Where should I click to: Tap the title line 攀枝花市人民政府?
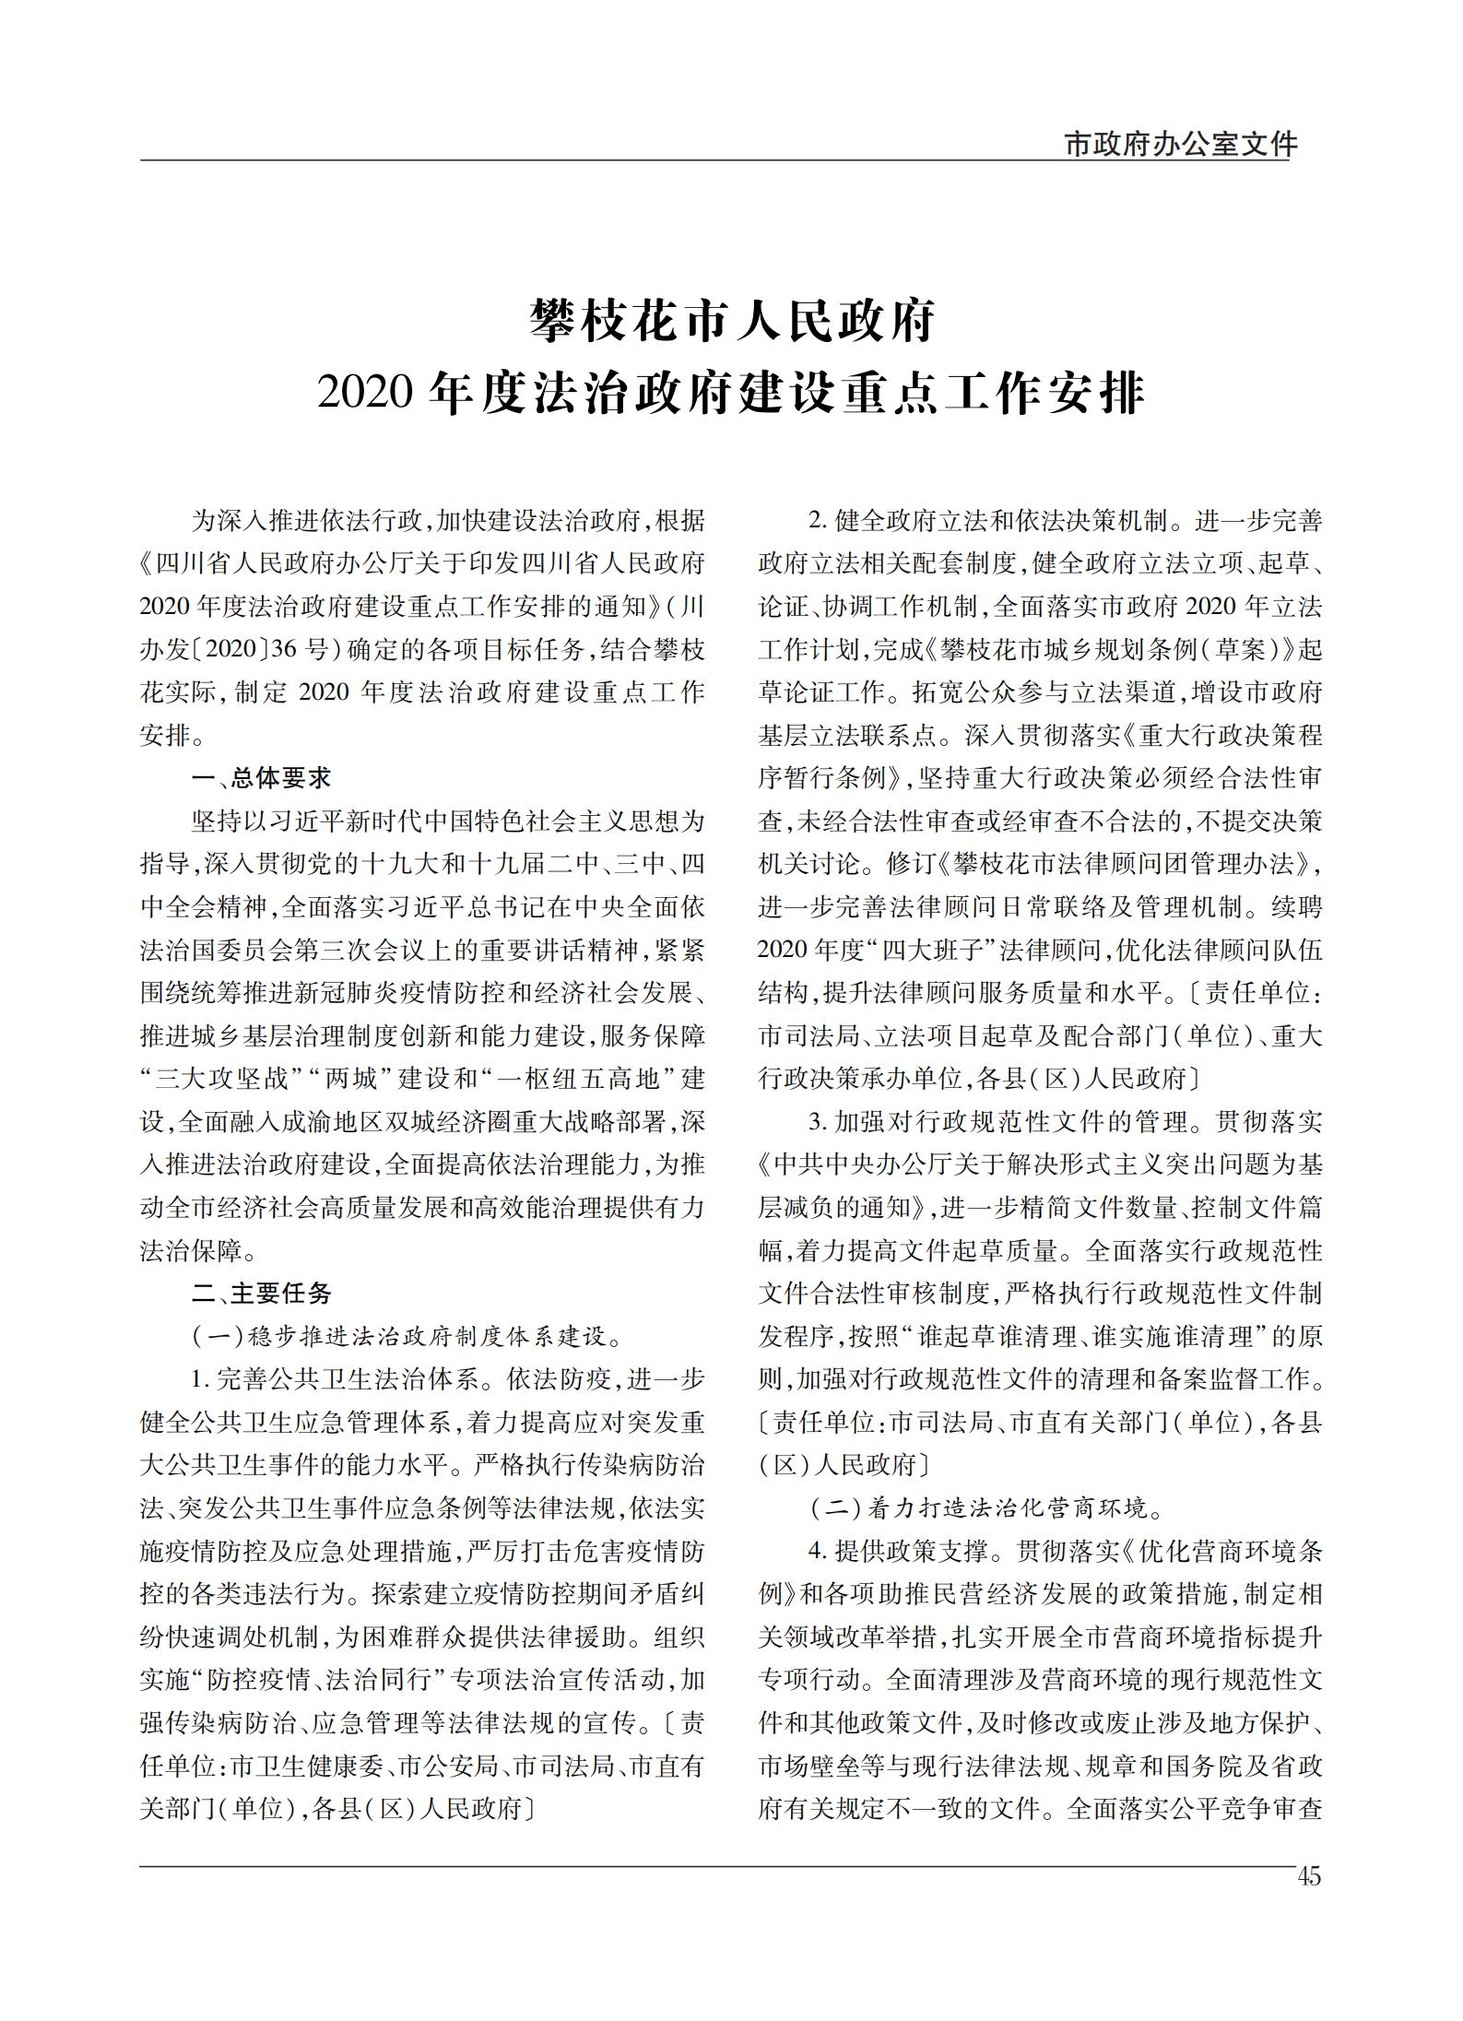point(731,321)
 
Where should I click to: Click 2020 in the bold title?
point(362,394)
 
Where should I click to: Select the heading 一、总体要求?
point(261,778)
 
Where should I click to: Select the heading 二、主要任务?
point(261,1293)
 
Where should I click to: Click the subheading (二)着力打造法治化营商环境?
point(986,1508)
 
